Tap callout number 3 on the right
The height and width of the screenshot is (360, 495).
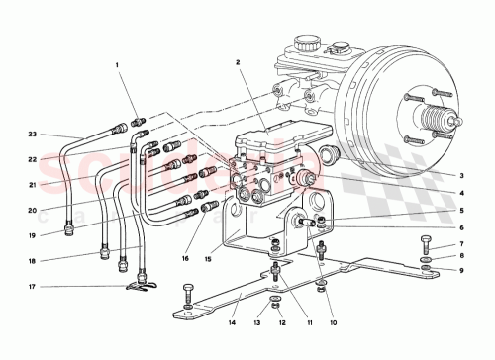461,173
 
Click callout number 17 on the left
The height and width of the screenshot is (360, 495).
34,288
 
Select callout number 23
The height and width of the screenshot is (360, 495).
34,134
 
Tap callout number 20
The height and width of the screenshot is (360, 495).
34,210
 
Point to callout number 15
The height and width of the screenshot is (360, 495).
209,260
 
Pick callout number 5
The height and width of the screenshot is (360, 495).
461,210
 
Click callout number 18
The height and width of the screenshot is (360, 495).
34,261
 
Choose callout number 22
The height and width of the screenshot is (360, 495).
34,159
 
